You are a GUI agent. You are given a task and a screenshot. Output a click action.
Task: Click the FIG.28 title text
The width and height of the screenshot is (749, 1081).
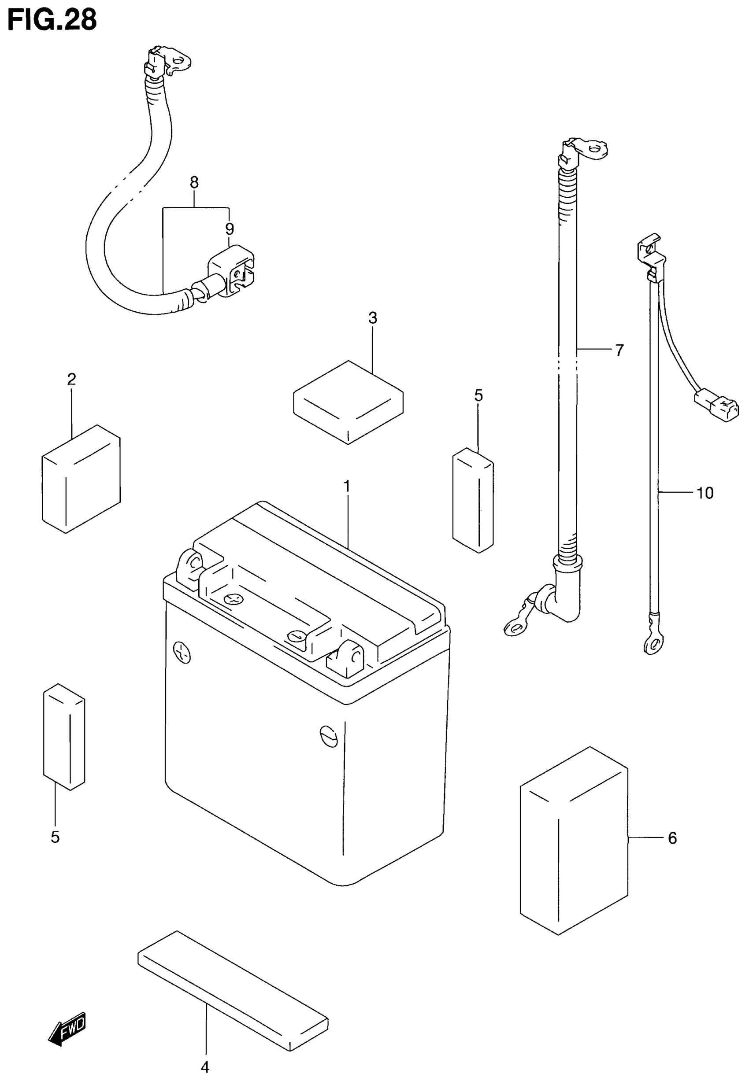click(52, 20)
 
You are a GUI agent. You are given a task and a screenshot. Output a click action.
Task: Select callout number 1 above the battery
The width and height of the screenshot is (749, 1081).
click(347, 486)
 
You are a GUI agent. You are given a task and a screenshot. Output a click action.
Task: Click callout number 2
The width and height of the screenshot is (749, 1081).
click(71, 379)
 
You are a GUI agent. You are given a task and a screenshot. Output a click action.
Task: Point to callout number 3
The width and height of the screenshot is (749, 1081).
click(373, 318)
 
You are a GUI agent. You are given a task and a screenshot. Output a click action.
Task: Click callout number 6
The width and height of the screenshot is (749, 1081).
click(672, 837)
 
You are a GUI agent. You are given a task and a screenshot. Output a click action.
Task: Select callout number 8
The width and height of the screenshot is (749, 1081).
click(194, 182)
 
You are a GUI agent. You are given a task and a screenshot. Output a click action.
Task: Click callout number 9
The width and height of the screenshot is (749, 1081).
click(230, 229)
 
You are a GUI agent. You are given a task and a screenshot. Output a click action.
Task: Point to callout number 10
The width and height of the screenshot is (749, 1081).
click(705, 493)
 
